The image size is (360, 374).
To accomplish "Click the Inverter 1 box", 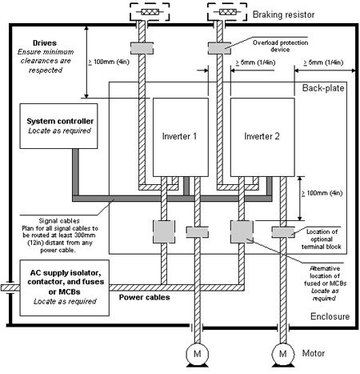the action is coord(181,137).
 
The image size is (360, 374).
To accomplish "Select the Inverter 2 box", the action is coord(262,137).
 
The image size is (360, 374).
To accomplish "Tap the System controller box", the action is coord(58,126).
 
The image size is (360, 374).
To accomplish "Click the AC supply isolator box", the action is coord(65,288).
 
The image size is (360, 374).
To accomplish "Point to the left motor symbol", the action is coord(198,354).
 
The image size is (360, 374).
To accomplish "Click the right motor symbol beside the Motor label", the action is coord(283,354).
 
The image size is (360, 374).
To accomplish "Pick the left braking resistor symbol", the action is coord(150,12).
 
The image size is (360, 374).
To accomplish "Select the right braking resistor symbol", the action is coord(227,12).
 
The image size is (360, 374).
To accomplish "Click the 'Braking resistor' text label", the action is coord(283,14).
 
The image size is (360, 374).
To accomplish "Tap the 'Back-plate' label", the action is coord(323,88).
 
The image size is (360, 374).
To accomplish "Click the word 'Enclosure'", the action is coord(330,316).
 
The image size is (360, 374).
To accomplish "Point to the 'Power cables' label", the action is coord(144,297).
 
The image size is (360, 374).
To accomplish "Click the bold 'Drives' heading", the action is coord(45,43).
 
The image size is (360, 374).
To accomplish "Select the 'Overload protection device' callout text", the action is coord(280,46).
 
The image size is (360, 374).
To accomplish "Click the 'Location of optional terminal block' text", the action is coord(322,239).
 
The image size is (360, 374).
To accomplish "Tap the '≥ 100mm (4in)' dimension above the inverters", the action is coord(109,62).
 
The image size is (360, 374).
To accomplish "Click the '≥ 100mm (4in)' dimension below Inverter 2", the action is coord(322,193).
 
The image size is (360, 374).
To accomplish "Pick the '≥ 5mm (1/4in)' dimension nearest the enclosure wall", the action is coord(323,62).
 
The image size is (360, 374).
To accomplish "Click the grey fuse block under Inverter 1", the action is coord(164,231).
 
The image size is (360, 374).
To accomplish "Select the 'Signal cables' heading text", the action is coord(59,221).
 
